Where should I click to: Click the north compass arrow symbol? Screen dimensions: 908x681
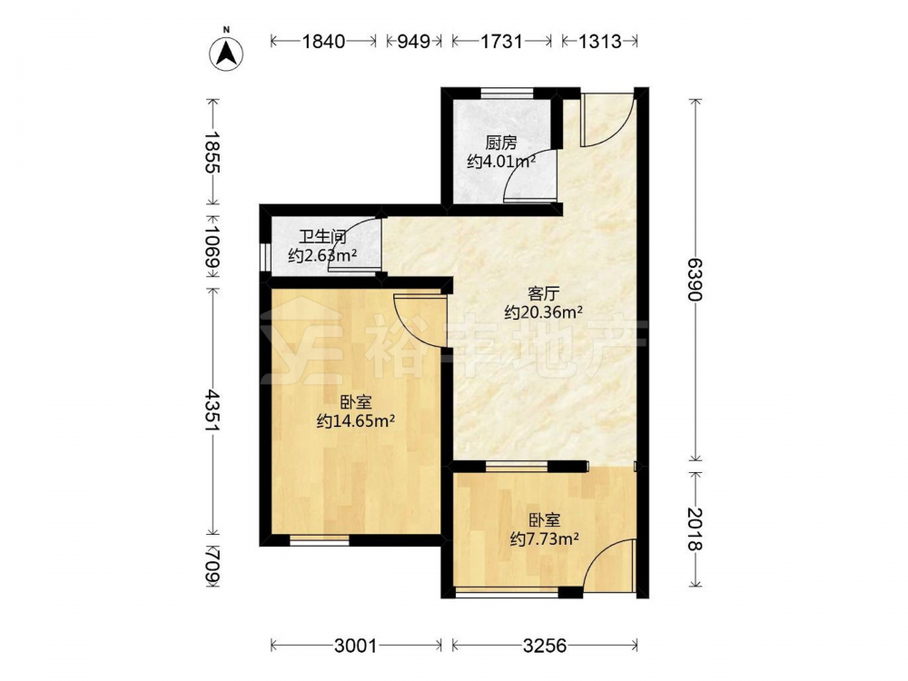tap(226, 54)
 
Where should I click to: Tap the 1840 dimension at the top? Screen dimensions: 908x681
tap(324, 41)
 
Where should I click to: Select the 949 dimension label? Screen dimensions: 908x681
tap(413, 41)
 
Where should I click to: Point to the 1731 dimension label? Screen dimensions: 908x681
tap(501, 41)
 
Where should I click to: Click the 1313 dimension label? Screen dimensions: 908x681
tap(599, 41)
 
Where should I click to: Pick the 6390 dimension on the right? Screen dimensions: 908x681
tap(696, 279)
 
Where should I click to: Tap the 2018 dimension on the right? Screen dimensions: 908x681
tap(696, 529)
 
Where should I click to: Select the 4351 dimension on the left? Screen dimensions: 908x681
tap(212, 410)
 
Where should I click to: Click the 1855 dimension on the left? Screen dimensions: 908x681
tap(212, 153)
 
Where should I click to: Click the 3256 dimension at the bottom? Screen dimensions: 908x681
tap(544, 645)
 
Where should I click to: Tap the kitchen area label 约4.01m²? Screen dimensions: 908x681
tap(501, 162)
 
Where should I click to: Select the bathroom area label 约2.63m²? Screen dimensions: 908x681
tap(322, 255)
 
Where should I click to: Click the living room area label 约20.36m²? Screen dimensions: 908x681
tap(543, 312)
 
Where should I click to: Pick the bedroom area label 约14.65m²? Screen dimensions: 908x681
tap(356, 421)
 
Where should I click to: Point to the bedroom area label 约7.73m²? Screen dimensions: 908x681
tap(545, 539)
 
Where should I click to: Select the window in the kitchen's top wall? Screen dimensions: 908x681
tap(508, 93)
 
